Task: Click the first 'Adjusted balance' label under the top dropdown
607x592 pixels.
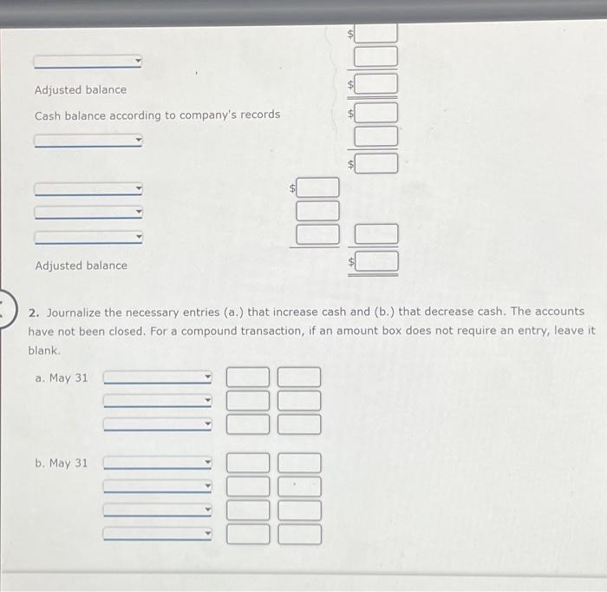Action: tap(80, 89)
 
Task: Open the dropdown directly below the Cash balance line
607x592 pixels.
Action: tap(88, 141)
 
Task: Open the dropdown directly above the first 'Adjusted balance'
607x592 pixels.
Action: tap(88, 62)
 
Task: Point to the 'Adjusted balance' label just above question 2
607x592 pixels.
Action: tap(81, 266)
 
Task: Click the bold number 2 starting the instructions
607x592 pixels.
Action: tap(32, 312)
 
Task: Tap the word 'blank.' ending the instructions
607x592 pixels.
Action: tap(44, 350)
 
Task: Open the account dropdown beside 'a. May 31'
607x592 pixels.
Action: tap(158, 378)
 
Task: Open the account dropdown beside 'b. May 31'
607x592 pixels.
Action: tap(158, 463)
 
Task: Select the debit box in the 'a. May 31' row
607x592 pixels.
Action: tap(249, 377)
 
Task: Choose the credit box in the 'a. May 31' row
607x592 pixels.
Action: tap(299, 377)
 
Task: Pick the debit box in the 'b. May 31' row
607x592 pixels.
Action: tap(249, 463)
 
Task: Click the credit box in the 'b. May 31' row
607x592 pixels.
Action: tap(299, 463)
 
